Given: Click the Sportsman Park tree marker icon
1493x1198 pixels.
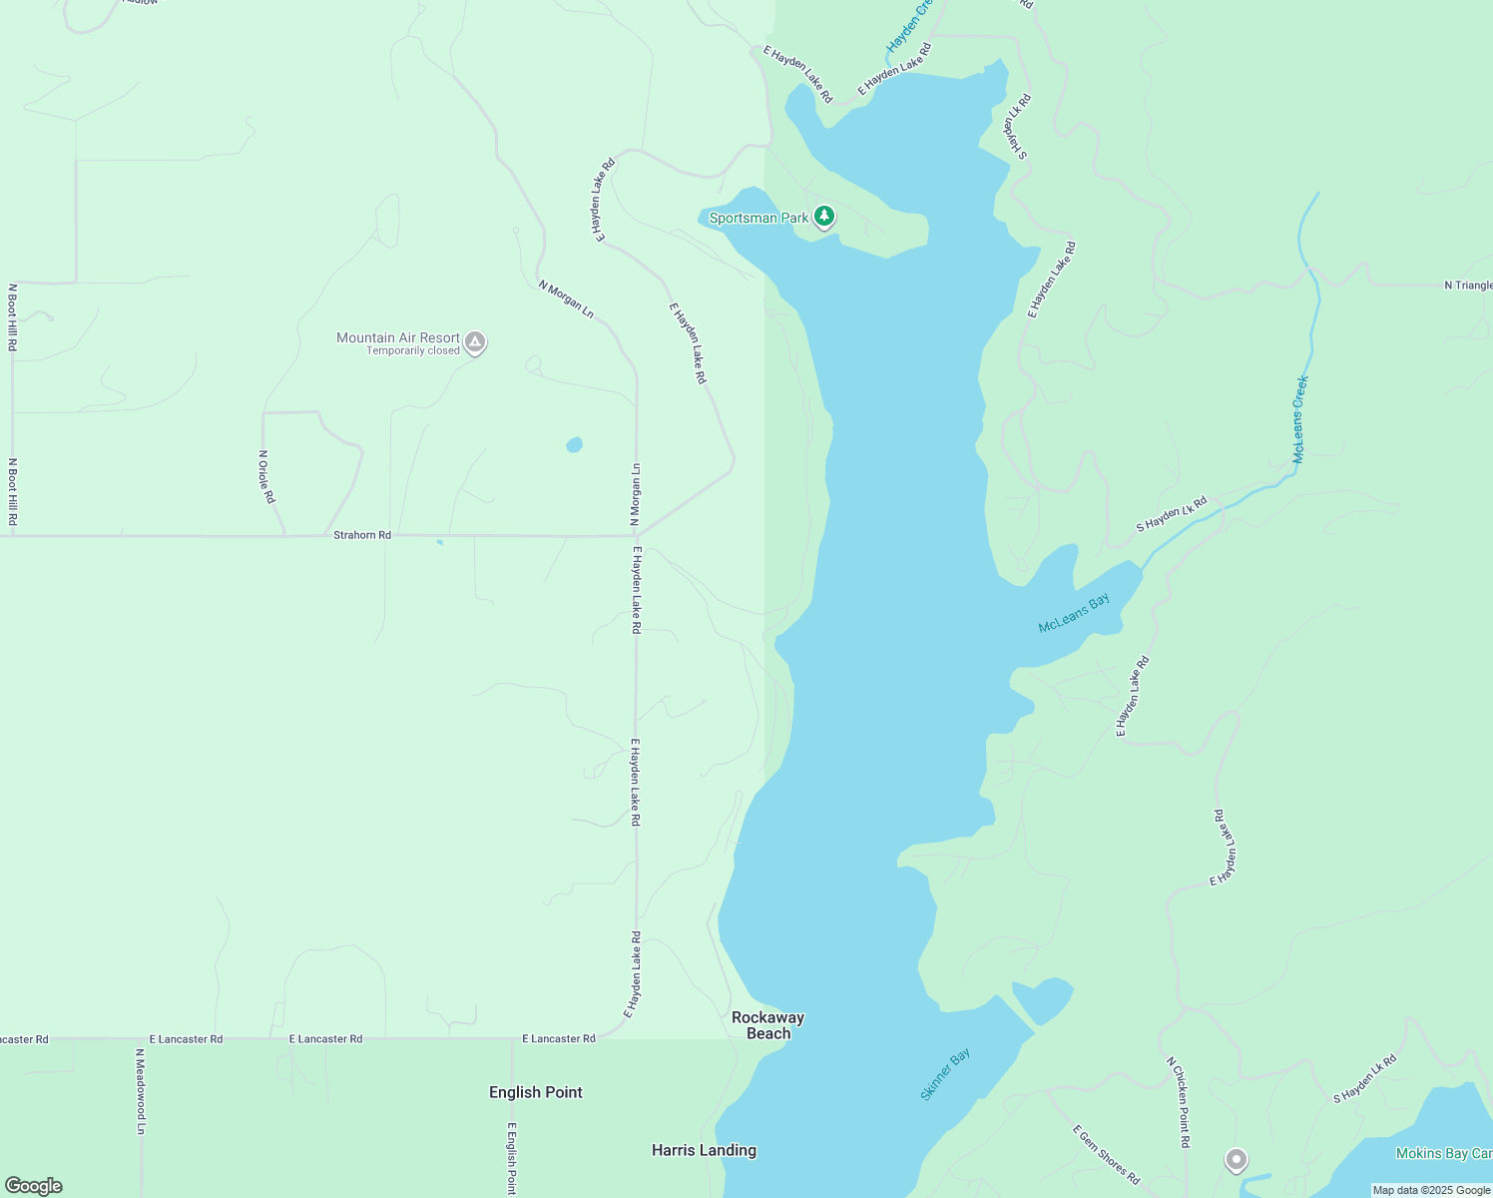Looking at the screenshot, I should (x=823, y=216).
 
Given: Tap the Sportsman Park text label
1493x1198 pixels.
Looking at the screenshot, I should (x=758, y=218).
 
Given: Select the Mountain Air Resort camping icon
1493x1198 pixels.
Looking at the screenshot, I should (x=475, y=342).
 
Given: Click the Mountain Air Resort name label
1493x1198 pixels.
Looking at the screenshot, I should (x=398, y=337).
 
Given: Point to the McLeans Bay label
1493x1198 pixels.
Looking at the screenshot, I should (x=1074, y=613).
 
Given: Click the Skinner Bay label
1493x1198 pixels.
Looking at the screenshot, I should (x=944, y=1074).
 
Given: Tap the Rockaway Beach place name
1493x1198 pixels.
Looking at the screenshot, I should (x=767, y=1025).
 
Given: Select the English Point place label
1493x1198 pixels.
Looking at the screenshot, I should (x=536, y=1092).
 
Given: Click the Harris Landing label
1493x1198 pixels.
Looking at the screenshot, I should (x=704, y=1150).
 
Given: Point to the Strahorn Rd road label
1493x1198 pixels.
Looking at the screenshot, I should (x=362, y=535).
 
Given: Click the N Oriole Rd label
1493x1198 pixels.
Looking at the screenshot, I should (x=265, y=476).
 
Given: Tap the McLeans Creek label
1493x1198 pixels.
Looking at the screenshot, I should (x=1299, y=419).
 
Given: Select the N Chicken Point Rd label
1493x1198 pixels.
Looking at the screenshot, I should (x=1179, y=1102).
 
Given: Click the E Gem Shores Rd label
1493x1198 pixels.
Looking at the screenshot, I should (x=1106, y=1154).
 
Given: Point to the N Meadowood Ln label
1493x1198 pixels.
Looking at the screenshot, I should (x=141, y=1091).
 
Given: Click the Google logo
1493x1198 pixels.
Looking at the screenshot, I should (x=34, y=1185).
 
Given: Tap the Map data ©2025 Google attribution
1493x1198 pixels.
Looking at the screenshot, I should (x=1431, y=1190).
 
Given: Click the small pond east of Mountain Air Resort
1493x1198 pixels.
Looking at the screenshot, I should (x=574, y=444).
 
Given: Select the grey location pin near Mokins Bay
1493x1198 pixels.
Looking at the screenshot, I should (x=1237, y=1159).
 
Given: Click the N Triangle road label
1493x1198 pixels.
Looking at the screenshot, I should (x=1468, y=286).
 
